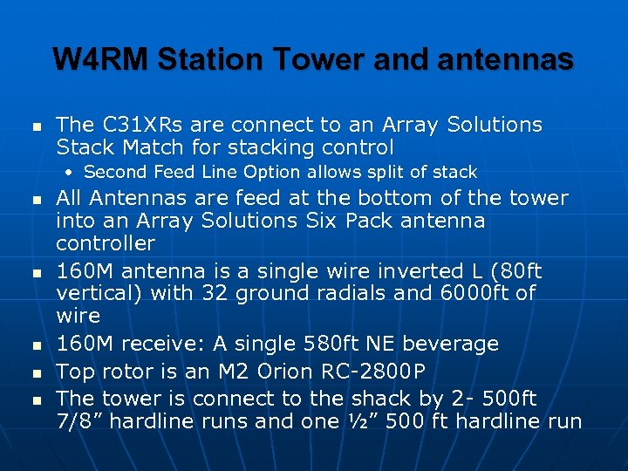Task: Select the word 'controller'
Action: [106, 243]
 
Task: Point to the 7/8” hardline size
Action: [79, 422]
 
